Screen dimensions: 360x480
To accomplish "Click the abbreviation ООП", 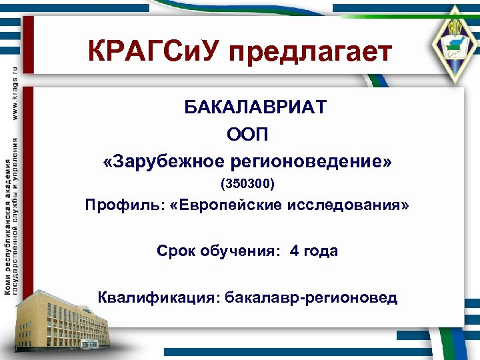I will (x=247, y=135).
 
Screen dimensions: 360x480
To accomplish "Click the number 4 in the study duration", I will (x=294, y=251).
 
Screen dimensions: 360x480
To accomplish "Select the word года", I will (x=321, y=251).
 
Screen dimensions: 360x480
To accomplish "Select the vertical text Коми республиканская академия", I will (x=7, y=227).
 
